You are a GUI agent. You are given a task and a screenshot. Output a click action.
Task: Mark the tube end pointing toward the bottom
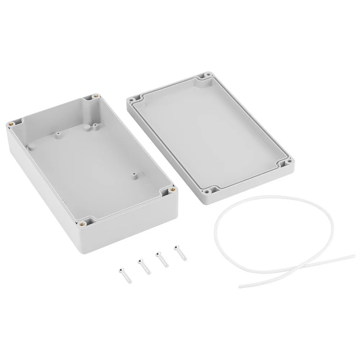coord(240,286)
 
